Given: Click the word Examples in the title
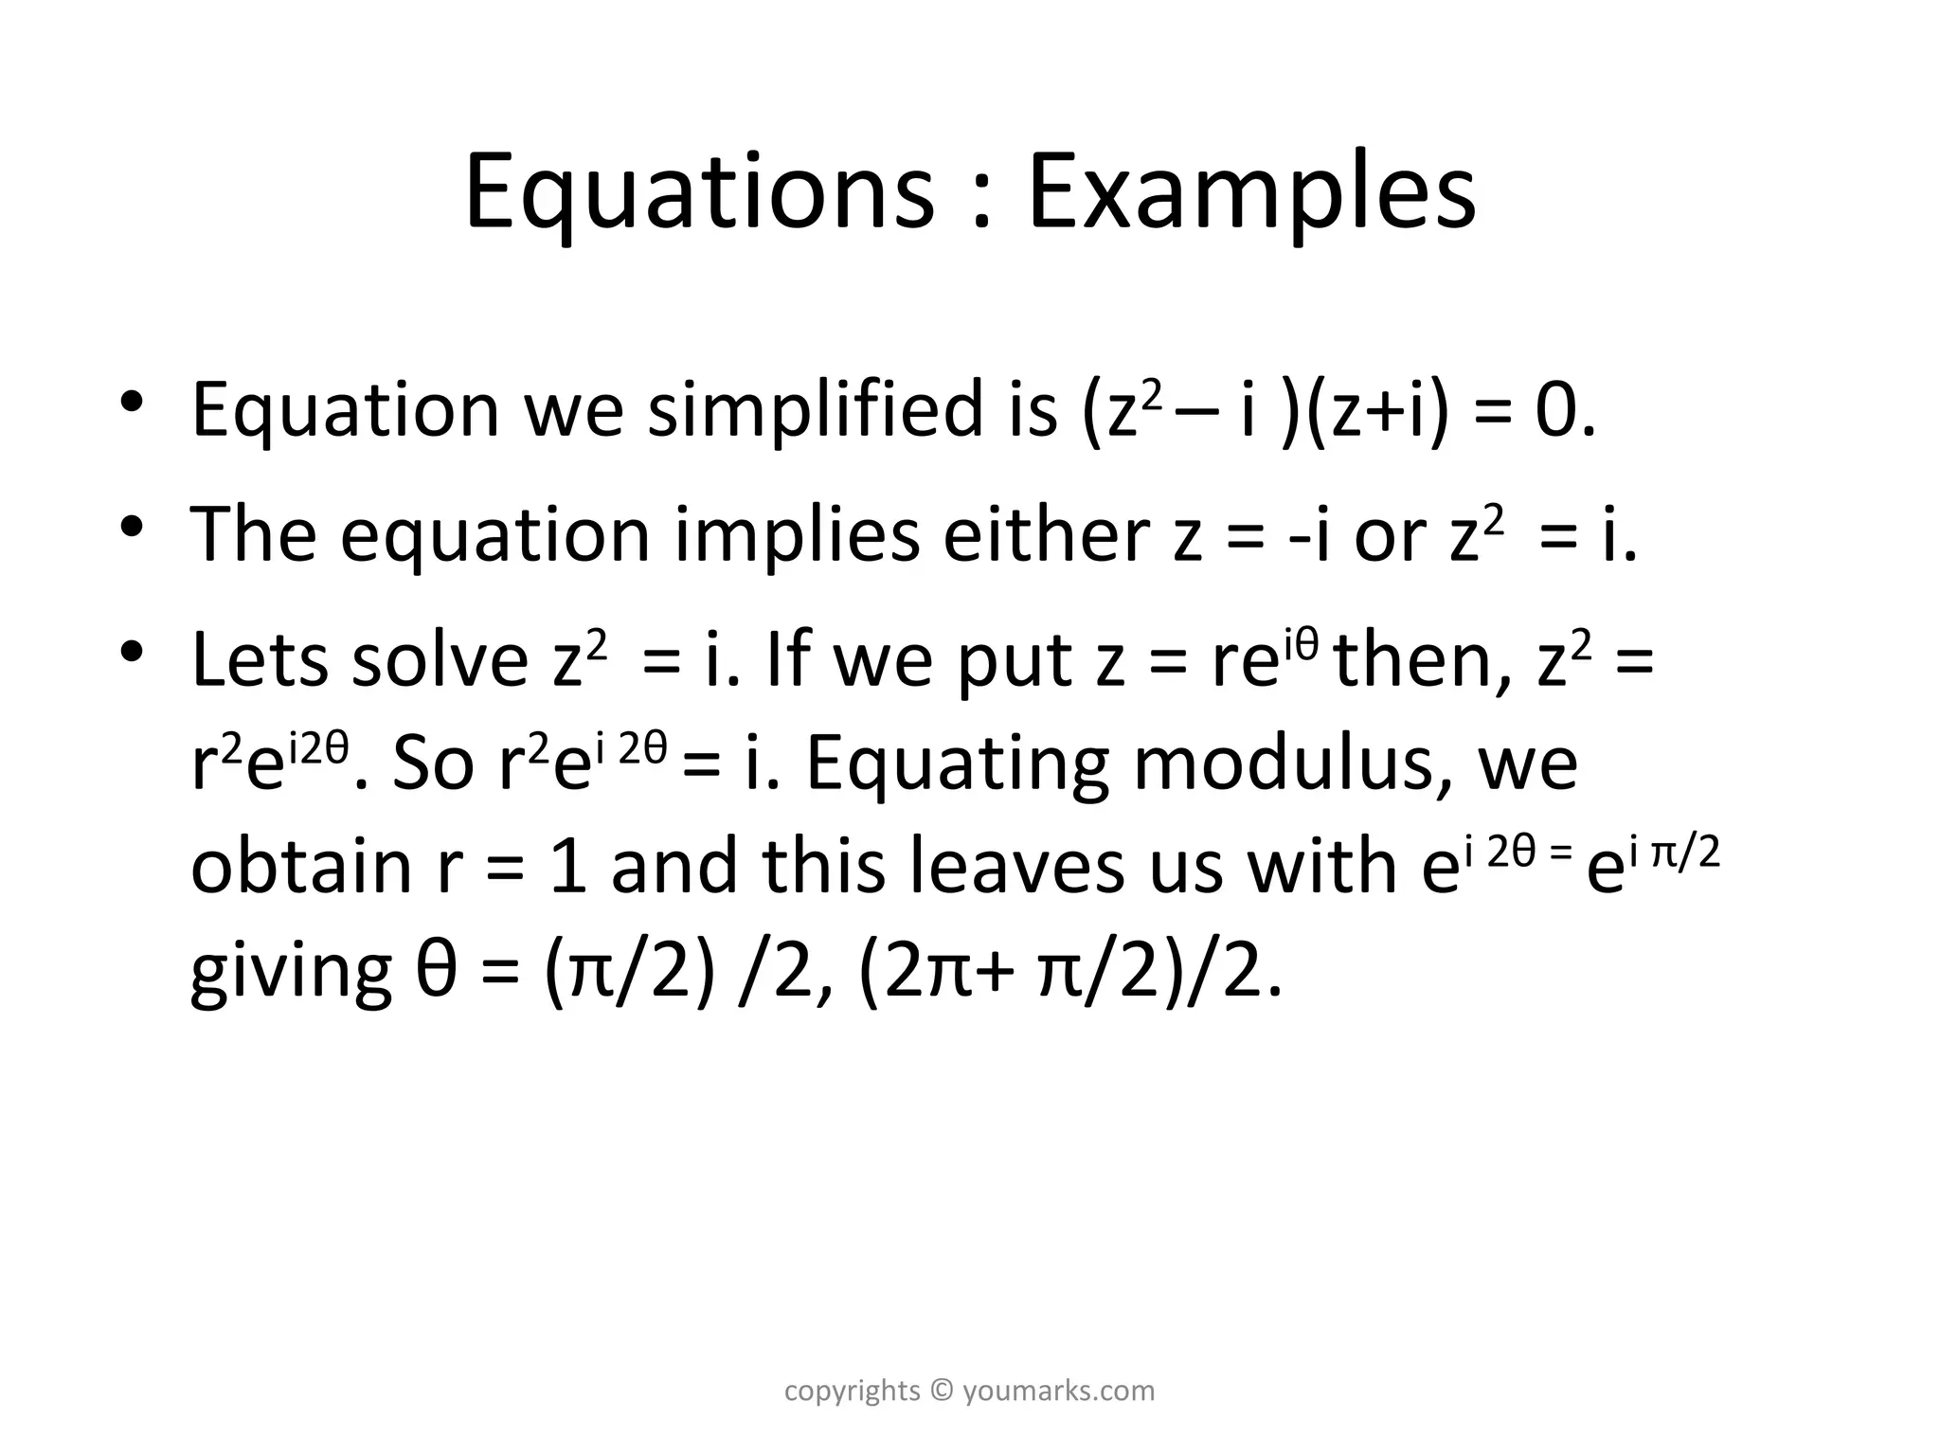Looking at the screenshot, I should pos(1250,194).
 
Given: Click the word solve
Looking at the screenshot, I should pos(440,660).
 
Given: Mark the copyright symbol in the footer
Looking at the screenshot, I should pos(941,1391).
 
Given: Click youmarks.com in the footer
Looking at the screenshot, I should pos(1059,1391).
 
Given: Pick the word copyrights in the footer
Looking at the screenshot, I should pos(853,1391).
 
